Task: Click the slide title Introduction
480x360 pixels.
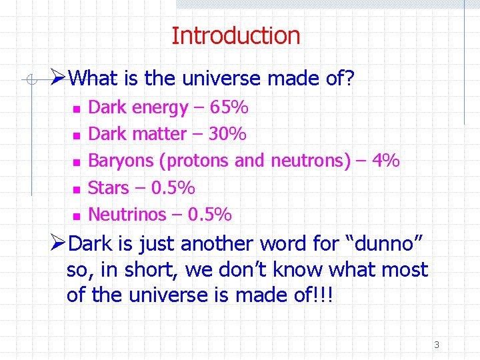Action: [x=236, y=35]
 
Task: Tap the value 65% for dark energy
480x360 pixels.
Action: [x=229, y=107]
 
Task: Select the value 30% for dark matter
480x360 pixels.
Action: [x=227, y=134]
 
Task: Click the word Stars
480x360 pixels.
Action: [x=109, y=188]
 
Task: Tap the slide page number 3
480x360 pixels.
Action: [x=437, y=345]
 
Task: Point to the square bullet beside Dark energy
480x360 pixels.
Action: [x=76, y=109]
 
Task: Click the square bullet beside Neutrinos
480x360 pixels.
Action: [x=76, y=216]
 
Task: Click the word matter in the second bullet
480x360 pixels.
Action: [x=159, y=134]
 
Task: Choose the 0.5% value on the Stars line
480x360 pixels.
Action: [x=173, y=188]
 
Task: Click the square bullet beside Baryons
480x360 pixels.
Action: [x=76, y=162]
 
